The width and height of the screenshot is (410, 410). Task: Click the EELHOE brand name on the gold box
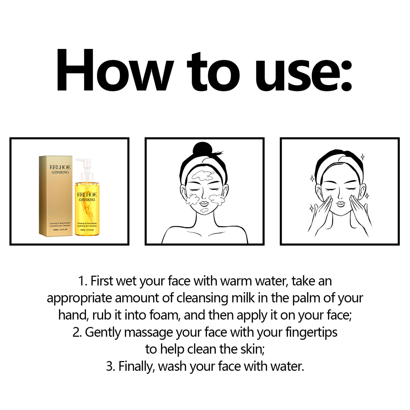(x=60, y=167)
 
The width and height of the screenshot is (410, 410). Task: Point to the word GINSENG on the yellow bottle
(x=87, y=200)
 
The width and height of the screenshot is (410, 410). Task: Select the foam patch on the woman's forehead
(x=202, y=176)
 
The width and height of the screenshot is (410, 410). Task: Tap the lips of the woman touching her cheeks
(x=340, y=204)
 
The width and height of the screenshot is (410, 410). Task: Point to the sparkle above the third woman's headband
(x=362, y=157)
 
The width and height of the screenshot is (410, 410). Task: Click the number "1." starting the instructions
(x=83, y=281)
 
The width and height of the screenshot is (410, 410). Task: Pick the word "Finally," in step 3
(x=136, y=366)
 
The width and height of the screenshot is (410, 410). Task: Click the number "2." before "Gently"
(x=77, y=332)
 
